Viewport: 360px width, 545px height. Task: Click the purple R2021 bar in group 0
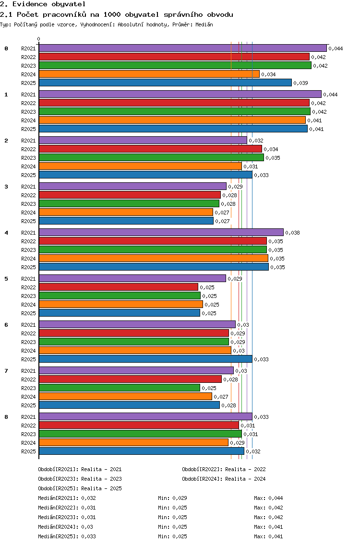183,48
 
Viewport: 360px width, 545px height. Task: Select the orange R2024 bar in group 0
149,74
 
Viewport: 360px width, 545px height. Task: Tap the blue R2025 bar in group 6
146,359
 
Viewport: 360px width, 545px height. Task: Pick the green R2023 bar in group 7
120,388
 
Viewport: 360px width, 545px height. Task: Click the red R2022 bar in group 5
119,287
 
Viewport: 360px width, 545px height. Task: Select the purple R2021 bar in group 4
161,233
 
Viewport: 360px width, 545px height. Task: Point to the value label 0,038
292,233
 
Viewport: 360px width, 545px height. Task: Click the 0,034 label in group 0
268,74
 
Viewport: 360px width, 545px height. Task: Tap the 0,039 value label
301,83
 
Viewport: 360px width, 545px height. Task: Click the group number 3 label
6,187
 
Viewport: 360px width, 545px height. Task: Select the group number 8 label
6,417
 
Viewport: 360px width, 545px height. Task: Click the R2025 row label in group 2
28,175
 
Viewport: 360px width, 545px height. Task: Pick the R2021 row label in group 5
28,279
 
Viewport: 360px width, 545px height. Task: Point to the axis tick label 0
38,39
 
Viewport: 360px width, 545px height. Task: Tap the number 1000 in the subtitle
112,14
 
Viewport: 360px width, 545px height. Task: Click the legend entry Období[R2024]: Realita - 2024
224,479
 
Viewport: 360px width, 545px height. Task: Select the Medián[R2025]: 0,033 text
67,536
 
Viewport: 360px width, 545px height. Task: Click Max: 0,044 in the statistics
268,498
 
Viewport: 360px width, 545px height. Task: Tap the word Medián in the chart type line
204,24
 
